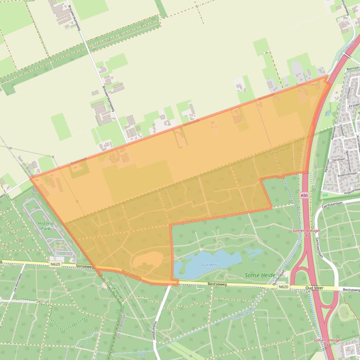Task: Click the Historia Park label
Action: coord(45,226)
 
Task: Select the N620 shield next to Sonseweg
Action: coord(55,264)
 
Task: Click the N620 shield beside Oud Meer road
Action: coord(283,287)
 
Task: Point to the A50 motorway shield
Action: coord(304,195)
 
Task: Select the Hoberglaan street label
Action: coord(154,330)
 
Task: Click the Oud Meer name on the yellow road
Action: coord(315,288)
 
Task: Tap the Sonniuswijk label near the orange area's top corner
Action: coord(309,85)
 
